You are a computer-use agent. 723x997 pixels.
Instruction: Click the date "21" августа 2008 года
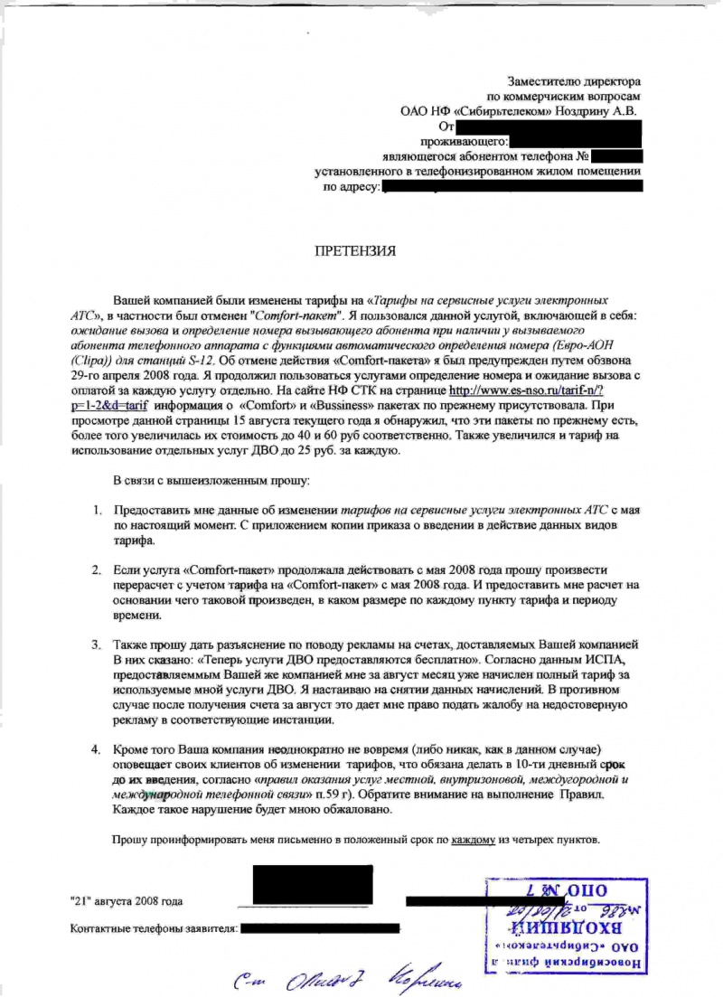[x=127, y=901]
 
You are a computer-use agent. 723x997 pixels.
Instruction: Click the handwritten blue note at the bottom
[x=352, y=979]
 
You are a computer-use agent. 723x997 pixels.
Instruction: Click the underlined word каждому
[x=473, y=840]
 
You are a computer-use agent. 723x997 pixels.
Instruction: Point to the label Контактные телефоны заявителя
[x=154, y=928]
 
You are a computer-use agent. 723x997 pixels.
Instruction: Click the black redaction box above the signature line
[x=313, y=884]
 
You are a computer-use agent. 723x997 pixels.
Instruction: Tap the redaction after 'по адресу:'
[x=512, y=186]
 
